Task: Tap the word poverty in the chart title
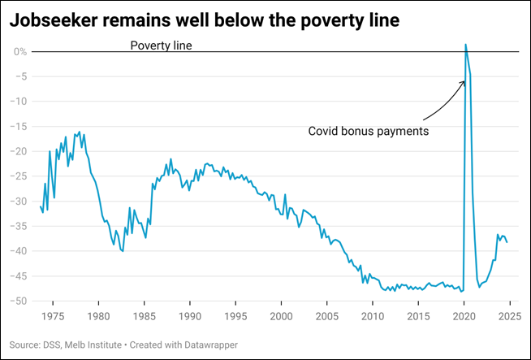point(321,21)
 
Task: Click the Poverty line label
point(161,45)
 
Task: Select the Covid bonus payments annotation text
point(368,130)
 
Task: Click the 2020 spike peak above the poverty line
point(465,45)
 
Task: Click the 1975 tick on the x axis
point(53,315)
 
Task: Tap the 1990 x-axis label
point(190,315)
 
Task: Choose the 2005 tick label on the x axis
point(327,315)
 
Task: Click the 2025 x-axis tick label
point(509,315)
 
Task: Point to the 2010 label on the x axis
point(373,315)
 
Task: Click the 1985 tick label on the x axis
point(145,315)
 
